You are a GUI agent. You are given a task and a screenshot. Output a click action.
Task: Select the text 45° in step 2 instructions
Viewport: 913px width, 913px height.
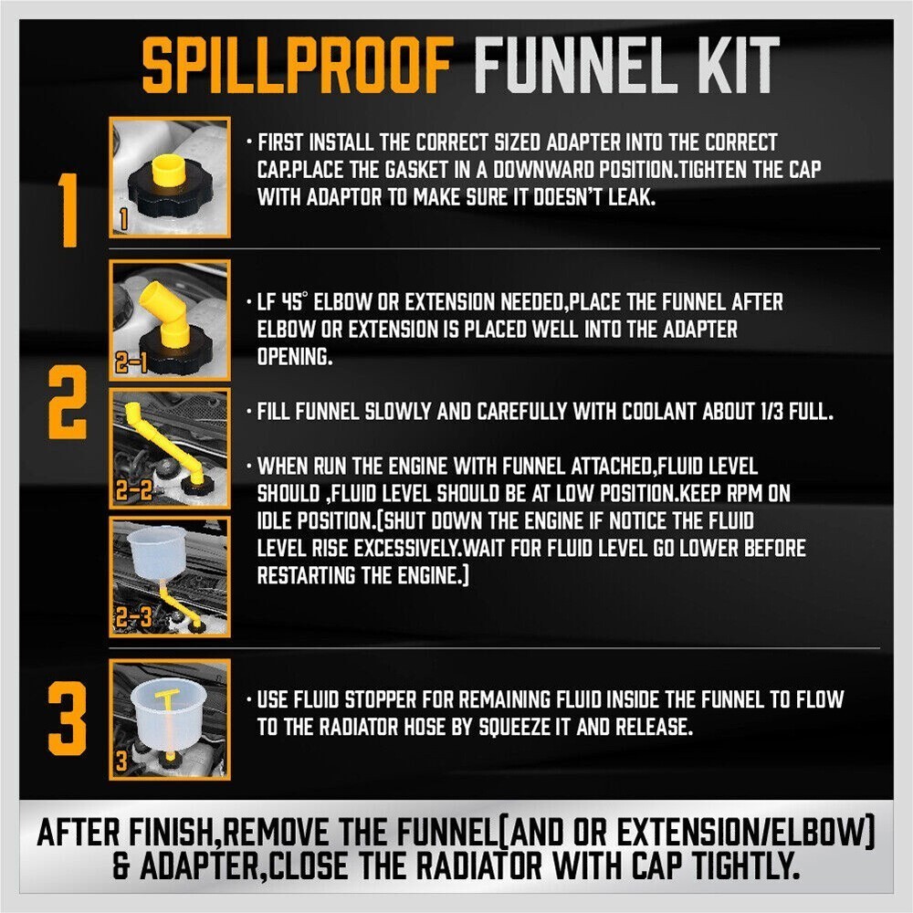click(300, 301)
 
